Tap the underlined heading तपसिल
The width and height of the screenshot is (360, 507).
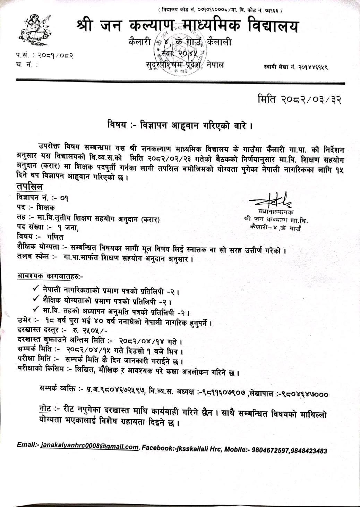pos(29,187)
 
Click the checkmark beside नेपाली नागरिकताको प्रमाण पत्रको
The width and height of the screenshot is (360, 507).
pos(35,289)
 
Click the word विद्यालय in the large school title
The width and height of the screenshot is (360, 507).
pos(273,27)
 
